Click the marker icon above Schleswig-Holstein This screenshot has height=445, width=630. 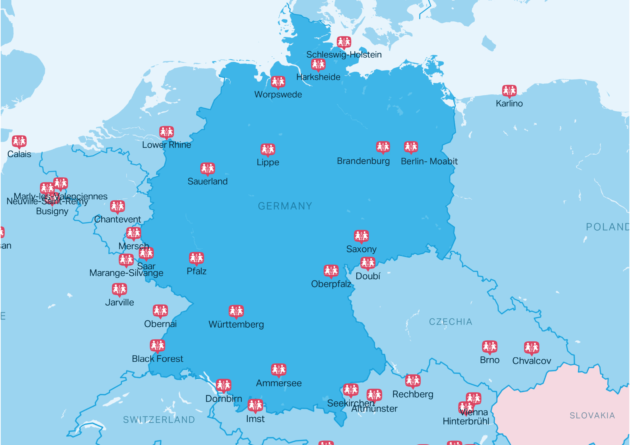pyautogui.click(x=344, y=42)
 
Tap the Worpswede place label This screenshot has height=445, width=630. pyautogui.click(x=278, y=95)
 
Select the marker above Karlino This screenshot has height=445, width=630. pyautogui.click(x=509, y=91)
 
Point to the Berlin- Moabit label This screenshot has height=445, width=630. pyautogui.click(x=429, y=161)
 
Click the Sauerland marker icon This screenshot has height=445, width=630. pyautogui.click(x=207, y=169)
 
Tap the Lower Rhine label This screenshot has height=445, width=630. pyautogui.click(x=166, y=145)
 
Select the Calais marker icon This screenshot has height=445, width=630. pyautogui.click(x=19, y=141)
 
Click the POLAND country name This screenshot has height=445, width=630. pyautogui.click(x=607, y=227)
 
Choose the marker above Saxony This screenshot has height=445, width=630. pyautogui.click(x=361, y=236)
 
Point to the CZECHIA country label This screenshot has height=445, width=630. pyautogui.click(x=451, y=322)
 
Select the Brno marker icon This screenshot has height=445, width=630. pyautogui.click(x=490, y=347)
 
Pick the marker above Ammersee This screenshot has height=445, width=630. pyautogui.click(x=279, y=370)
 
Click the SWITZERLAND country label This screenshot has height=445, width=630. pyautogui.click(x=159, y=420)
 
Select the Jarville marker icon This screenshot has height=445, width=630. pyautogui.click(x=119, y=289)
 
